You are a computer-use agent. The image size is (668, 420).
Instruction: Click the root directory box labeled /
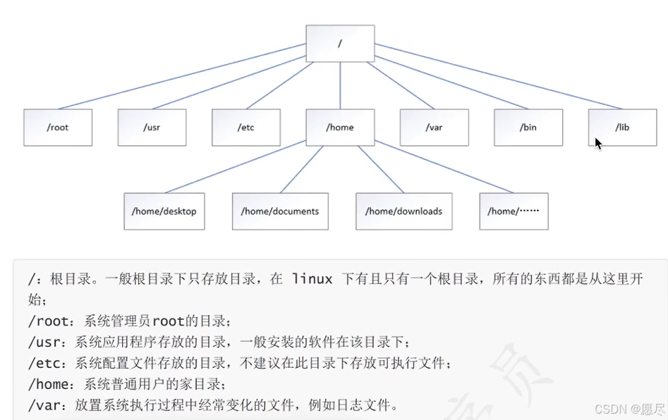(340, 44)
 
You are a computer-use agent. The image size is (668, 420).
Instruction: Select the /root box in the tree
(58, 128)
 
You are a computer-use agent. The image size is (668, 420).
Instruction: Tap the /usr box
(152, 128)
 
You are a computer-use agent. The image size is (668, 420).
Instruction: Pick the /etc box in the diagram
(246, 128)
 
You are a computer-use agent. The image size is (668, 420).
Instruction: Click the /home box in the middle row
(340, 128)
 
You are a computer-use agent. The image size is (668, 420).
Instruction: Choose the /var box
(434, 128)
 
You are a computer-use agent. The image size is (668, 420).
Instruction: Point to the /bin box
(528, 128)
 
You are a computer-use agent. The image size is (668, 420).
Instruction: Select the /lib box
(622, 128)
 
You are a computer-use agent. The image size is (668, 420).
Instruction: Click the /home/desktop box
(164, 211)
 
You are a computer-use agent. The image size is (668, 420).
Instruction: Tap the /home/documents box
(280, 211)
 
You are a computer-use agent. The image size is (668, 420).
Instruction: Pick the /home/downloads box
(404, 211)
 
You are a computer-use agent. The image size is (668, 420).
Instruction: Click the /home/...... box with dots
(514, 211)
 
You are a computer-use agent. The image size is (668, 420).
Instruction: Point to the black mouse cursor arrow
(598, 144)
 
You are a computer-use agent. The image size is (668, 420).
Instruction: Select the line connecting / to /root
(182, 76)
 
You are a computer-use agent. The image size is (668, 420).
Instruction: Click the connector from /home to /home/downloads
(381, 169)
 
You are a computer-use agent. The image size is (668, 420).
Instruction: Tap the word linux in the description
(312, 279)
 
